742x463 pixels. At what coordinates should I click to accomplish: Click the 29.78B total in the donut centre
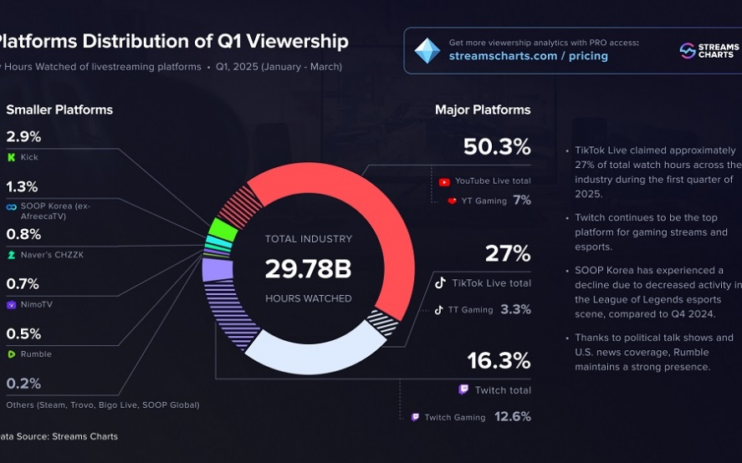[309, 269]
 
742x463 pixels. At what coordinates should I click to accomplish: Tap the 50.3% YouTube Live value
[497, 148]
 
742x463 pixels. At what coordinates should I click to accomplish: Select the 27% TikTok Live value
[508, 253]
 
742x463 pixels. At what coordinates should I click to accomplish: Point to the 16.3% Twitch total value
[498, 361]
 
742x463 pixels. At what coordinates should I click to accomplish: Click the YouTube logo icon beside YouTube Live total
[444, 181]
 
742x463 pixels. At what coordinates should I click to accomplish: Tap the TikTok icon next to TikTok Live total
[440, 282]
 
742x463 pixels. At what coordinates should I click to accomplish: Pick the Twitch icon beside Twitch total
[463, 390]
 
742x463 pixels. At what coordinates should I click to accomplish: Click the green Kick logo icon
[11, 157]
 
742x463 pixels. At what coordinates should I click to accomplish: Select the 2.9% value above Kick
[23, 136]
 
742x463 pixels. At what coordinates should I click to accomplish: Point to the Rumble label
[36, 354]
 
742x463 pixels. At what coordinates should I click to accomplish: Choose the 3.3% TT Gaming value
[516, 309]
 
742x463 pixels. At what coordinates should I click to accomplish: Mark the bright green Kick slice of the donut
[223, 229]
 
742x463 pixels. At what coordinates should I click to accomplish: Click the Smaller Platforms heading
[59, 109]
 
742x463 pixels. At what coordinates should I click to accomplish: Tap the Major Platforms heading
[483, 109]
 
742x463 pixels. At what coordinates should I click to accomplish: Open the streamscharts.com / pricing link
[529, 56]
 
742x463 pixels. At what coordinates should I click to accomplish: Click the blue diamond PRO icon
[427, 50]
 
